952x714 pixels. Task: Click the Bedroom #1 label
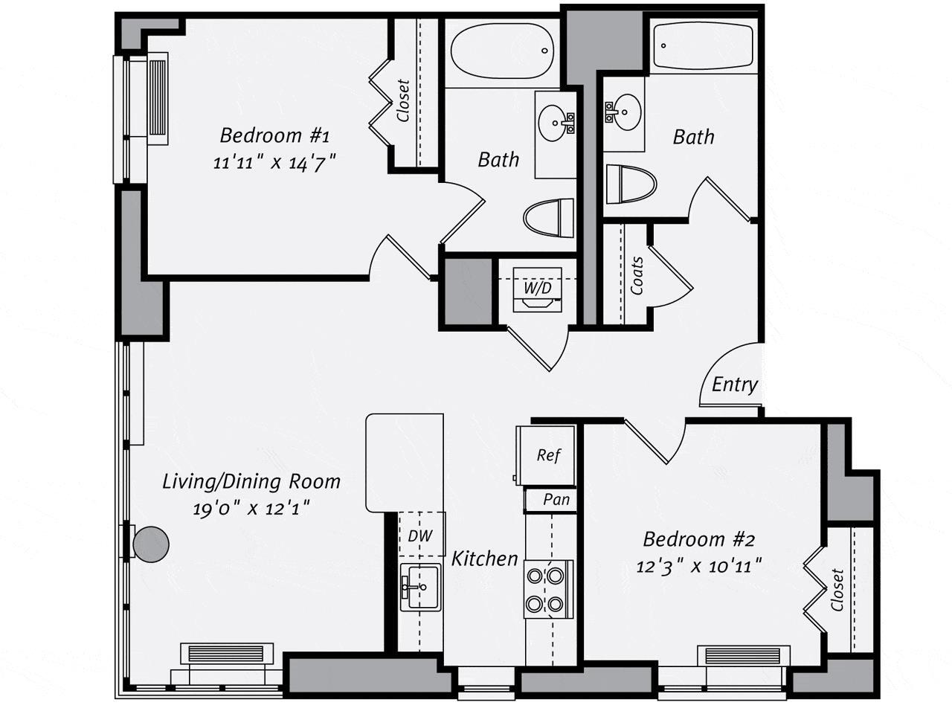point(274,135)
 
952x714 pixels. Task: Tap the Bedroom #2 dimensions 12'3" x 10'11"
point(699,566)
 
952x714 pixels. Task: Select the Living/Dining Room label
point(251,481)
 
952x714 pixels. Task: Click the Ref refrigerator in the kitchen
point(547,454)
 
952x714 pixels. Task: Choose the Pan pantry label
point(556,499)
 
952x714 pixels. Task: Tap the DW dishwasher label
point(420,535)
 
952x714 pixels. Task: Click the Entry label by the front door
point(734,385)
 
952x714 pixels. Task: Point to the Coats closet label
point(637,276)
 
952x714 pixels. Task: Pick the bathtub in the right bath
point(704,46)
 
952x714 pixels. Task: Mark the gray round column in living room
point(151,544)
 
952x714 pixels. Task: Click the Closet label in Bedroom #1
point(403,100)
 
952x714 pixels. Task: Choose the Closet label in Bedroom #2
point(838,590)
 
